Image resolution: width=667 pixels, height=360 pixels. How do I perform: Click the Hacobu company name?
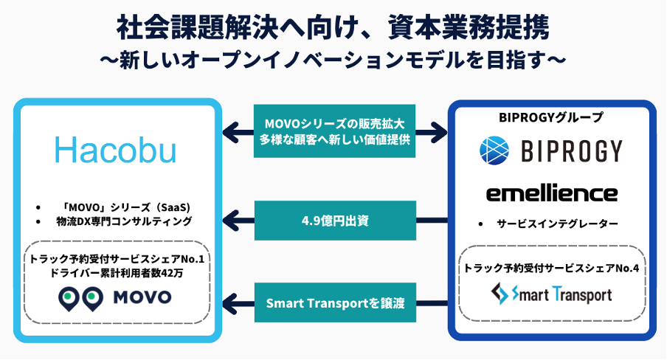pos(115,150)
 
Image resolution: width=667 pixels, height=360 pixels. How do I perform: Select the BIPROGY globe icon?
pos(494,150)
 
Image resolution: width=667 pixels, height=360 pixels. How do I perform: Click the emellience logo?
pos(551,193)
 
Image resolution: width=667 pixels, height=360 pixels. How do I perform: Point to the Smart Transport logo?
pos(552,295)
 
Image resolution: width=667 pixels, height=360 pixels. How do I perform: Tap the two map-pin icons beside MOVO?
pos(80,298)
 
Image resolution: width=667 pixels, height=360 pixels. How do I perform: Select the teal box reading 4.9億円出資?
pos(334,219)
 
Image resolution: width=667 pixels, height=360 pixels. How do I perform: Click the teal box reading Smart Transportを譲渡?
pos(334,302)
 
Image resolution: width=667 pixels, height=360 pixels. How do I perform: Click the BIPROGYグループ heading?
pos(551,117)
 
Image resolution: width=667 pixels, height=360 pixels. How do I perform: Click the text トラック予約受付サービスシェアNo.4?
pos(551,267)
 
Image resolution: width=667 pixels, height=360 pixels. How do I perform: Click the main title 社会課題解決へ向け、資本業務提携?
pos(333,28)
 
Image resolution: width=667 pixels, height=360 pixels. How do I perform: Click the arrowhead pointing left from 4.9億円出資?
pos(229,219)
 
